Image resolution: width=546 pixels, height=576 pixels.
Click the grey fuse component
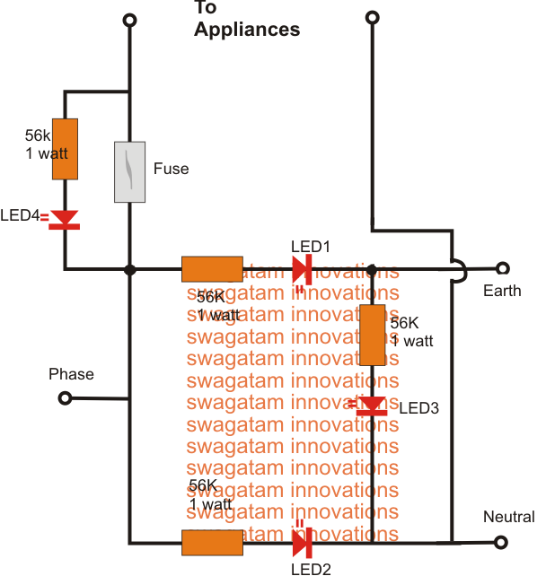click(129, 172)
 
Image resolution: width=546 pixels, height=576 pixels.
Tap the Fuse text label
click(171, 169)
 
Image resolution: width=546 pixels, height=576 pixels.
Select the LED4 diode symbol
click(65, 220)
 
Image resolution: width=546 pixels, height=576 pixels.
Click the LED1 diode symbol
click(303, 270)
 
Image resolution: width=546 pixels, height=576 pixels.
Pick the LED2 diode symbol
click(303, 543)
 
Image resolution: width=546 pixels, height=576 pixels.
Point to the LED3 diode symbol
click(372, 406)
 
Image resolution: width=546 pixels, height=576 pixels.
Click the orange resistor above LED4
click(65, 149)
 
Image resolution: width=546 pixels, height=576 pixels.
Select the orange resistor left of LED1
click(212, 269)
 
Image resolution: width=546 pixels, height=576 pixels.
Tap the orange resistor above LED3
click(372, 335)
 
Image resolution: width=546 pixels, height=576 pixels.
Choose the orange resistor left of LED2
click(212, 543)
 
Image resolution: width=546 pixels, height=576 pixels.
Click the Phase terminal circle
click(65, 398)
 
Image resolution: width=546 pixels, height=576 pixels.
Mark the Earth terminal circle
click(503, 268)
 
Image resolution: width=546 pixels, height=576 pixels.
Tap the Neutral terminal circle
click(501, 542)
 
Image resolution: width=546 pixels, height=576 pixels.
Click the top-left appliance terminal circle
click(129, 21)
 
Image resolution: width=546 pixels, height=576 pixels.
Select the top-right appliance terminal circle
click(373, 17)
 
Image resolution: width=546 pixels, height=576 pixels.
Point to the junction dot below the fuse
click(129, 270)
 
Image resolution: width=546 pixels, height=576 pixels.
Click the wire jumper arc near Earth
click(465, 271)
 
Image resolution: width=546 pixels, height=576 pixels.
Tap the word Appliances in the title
click(247, 30)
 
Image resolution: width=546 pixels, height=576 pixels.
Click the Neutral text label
click(509, 517)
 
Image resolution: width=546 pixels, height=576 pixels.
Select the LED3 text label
click(419, 408)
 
